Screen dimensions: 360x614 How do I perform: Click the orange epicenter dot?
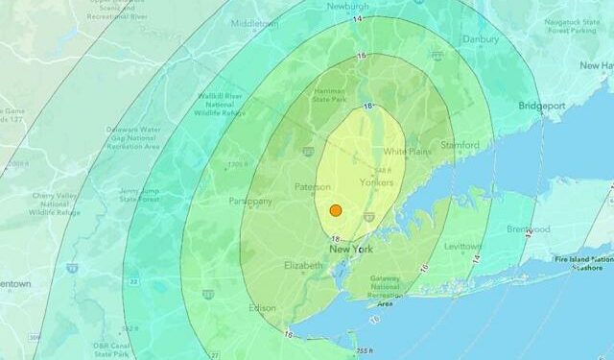click(336, 210)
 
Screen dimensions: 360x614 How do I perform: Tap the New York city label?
click(350, 249)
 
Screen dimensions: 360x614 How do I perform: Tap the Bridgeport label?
click(543, 106)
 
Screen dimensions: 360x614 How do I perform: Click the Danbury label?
click(480, 39)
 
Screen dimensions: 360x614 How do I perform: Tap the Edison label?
click(263, 307)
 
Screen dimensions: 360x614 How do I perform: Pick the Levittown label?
click(463, 247)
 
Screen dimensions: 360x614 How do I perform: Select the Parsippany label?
click(251, 202)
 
